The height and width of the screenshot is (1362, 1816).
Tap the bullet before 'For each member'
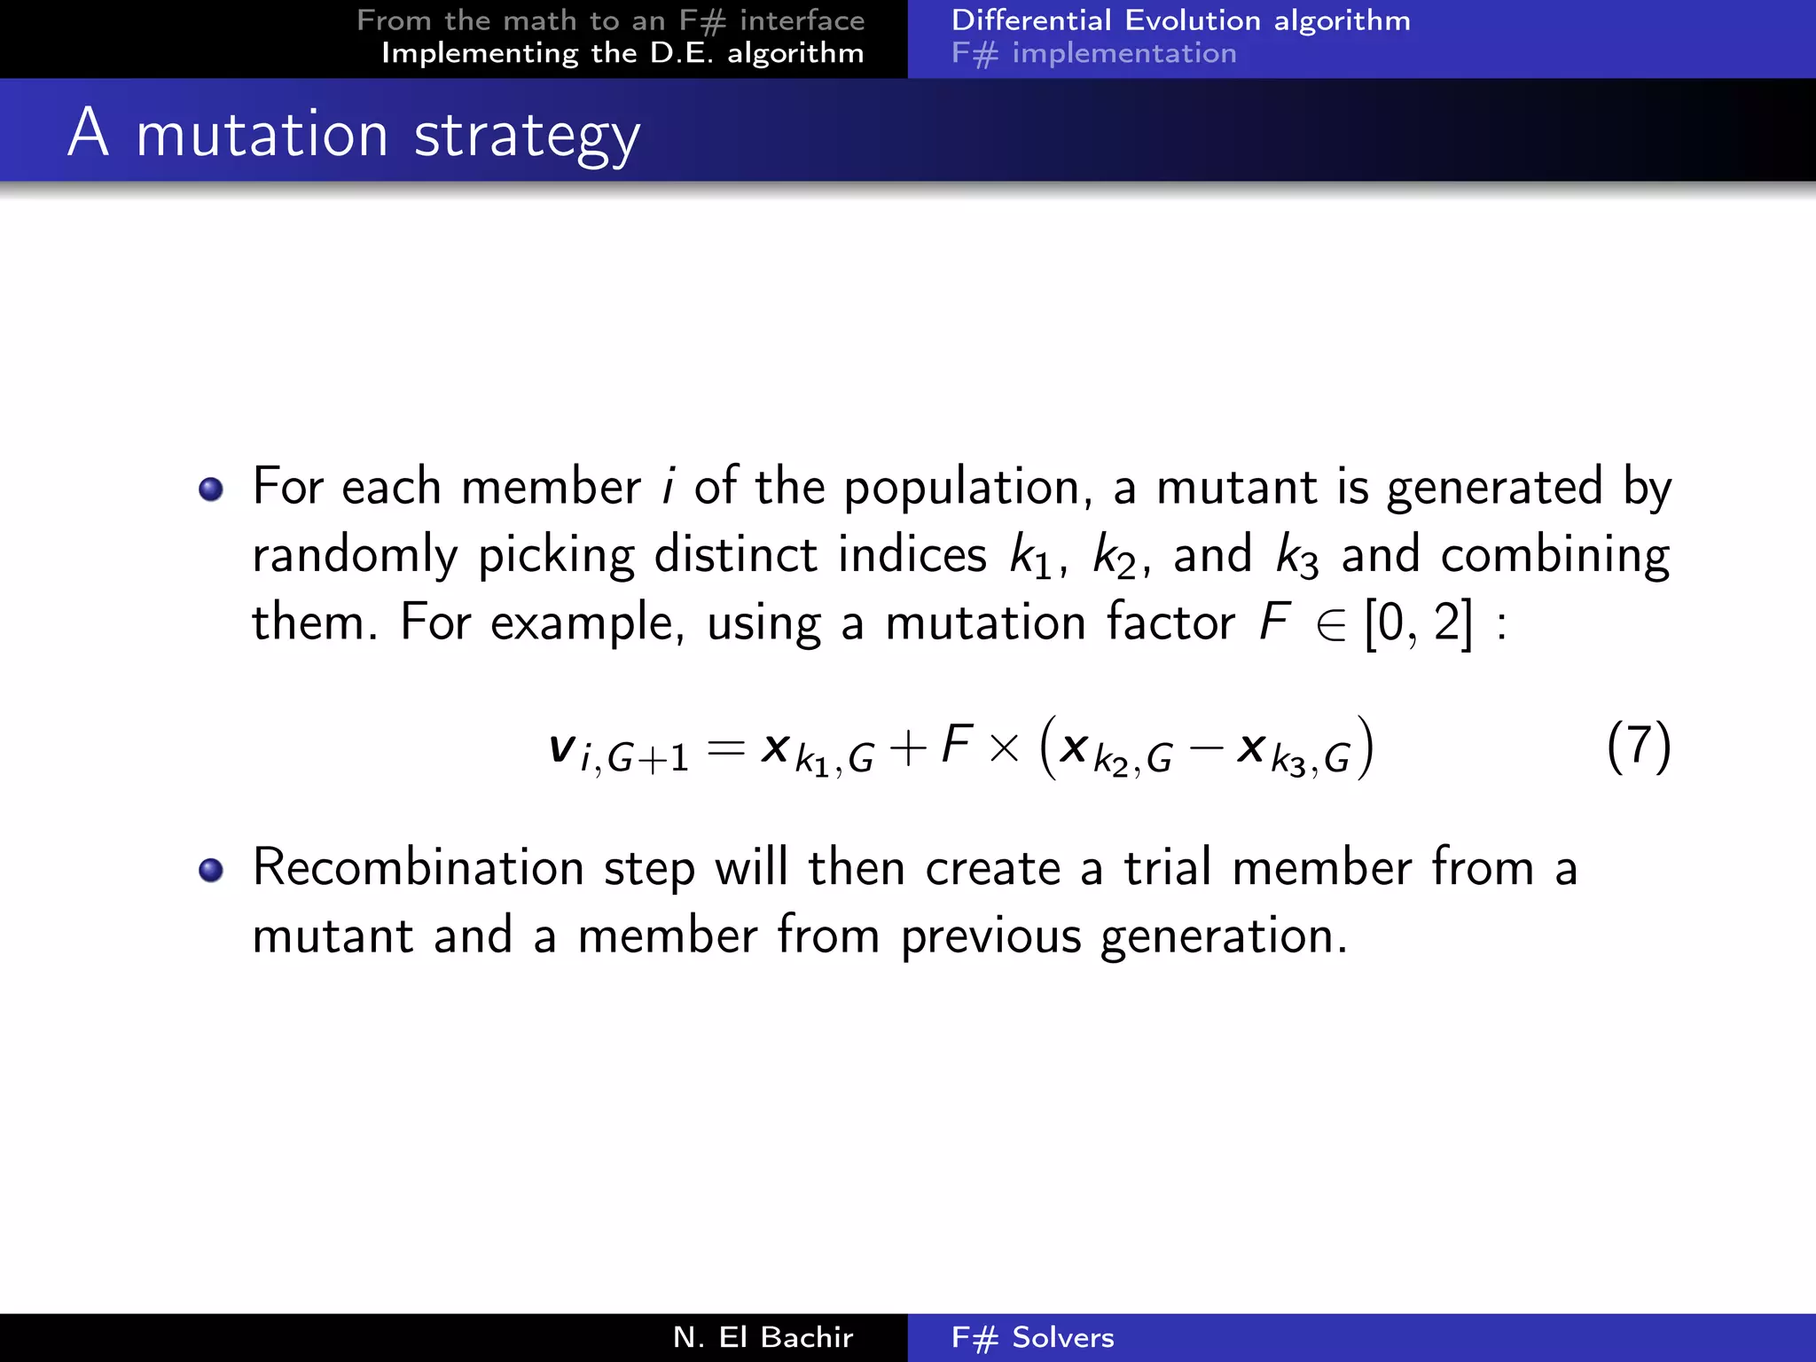211,489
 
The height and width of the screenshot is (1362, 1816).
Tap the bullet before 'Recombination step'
211,870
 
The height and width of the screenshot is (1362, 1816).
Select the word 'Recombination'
418,867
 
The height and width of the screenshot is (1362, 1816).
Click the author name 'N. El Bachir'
763,1337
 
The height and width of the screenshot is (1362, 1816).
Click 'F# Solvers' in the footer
1032,1337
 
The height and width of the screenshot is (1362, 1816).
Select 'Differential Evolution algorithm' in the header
1180,20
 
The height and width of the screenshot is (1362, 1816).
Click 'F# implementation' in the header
1093,53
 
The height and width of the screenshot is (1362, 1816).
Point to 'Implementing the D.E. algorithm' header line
622,53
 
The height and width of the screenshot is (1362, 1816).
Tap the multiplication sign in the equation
1004,749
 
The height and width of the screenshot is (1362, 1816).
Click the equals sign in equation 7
725,749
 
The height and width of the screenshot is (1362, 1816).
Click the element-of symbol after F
1331,625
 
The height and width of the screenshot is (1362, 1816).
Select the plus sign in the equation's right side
907,749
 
